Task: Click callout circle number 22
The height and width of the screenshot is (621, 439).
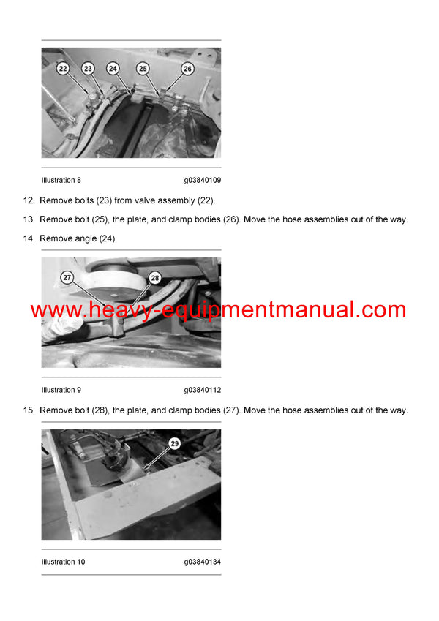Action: [x=63, y=68]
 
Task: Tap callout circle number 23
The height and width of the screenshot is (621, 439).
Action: [x=88, y=68]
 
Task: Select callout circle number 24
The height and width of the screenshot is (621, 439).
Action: [x=113, y=68]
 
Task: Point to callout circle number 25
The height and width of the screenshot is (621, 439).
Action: [x=143, y=68]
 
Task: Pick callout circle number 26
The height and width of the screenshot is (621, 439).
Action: [x=187, y=68]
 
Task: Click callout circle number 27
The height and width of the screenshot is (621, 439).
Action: [x=67, y=277]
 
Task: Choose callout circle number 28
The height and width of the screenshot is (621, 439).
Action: [x=154, y=277]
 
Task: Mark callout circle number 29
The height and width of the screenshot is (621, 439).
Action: [x=174, y=443]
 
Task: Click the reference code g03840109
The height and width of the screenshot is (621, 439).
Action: [x=202, y=180]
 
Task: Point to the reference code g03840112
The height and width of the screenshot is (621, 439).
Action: [x=202, y=390]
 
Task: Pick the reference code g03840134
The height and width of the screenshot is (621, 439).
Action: [x=202, y=562]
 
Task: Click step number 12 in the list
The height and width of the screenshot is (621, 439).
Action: [x=29, y=200]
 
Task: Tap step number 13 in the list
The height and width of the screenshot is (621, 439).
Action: [x=29, y=219]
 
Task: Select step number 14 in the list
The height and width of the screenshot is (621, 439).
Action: [x=29, y=238]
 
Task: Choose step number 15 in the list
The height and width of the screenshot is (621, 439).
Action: [x=29, y=410]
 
